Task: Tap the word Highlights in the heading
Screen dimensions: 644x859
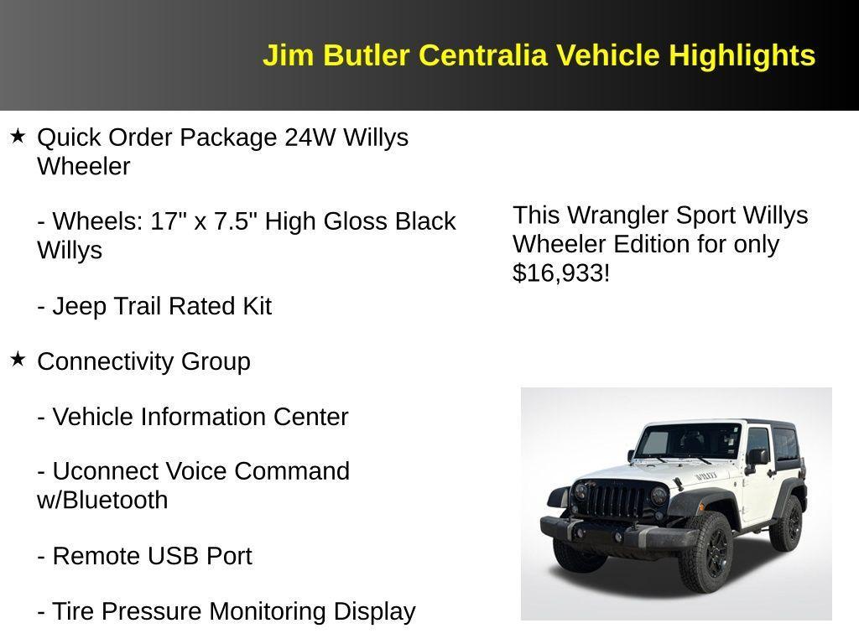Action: pos(742,55)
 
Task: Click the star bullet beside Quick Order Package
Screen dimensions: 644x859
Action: pos(18,136)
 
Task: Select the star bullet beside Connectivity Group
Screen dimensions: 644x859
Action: pos(18,360)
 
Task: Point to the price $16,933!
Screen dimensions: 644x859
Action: pos(561,273)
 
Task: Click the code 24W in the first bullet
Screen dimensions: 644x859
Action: pos(310,137)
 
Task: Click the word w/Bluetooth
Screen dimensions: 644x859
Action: pos(102,500)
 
